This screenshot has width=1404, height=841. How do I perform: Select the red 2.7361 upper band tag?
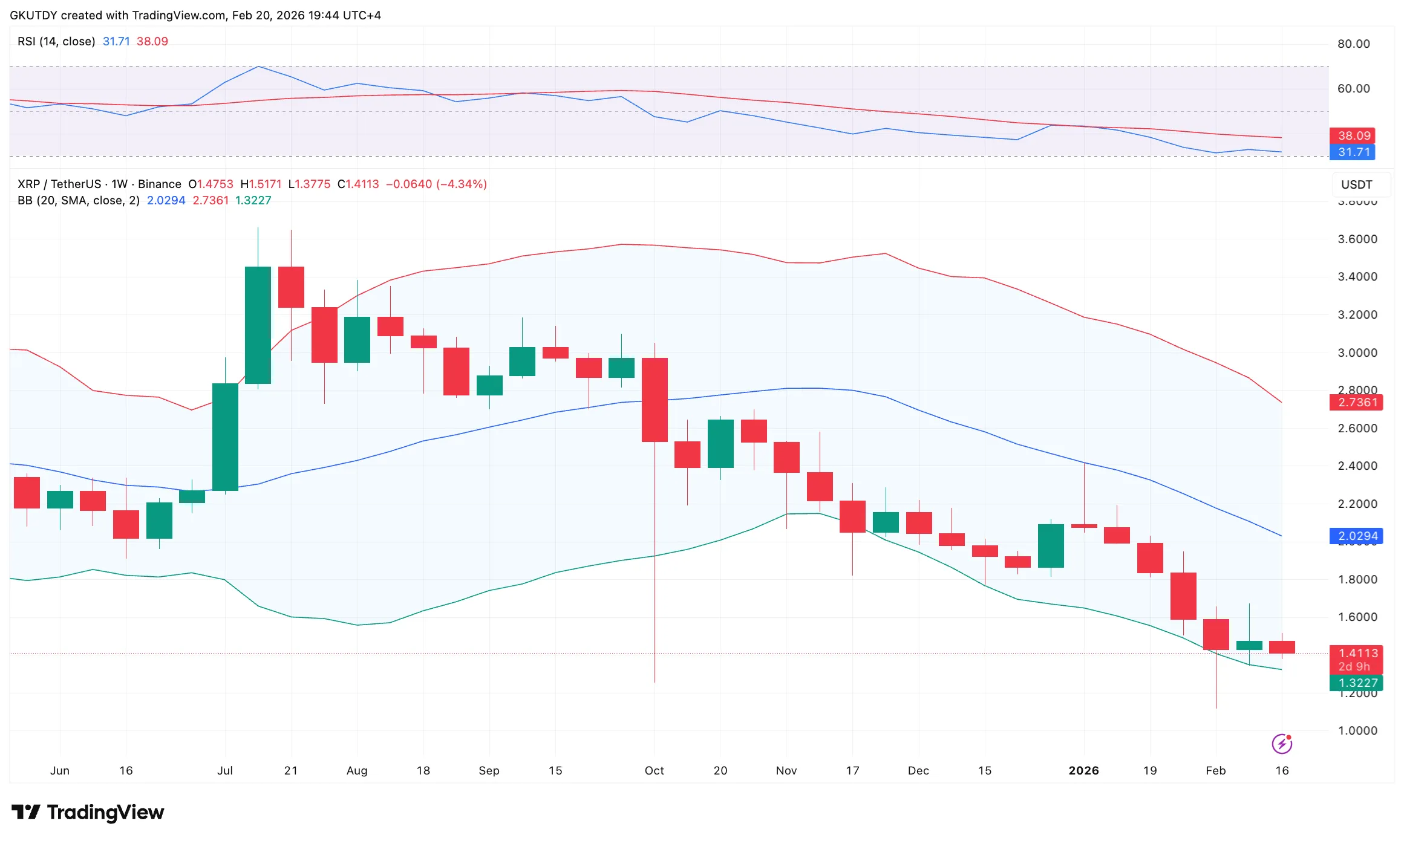point(1356,402)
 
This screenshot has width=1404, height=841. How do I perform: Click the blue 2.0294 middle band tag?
point(1356,536)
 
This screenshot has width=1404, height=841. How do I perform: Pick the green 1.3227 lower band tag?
point(1356,683)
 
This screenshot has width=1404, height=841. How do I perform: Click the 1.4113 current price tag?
point(1356,654)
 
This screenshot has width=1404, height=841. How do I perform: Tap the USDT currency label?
point(1356,184)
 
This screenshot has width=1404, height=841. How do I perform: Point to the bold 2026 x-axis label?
point(1083,770)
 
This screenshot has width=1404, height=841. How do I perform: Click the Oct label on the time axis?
point(654,770)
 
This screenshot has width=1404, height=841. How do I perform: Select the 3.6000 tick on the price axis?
point(1357,239)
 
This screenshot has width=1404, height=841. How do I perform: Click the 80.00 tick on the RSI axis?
point(1353,44)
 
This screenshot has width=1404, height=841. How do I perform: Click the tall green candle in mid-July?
point(258,325)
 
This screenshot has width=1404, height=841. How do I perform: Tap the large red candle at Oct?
point(655,400)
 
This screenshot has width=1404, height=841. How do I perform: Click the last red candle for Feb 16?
point(1282,647)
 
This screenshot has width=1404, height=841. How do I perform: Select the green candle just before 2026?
point(1051,545)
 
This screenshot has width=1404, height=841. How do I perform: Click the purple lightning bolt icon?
point(1282,744)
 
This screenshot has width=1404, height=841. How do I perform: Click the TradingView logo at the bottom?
point(88,812)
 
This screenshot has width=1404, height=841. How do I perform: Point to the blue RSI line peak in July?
point(258,67)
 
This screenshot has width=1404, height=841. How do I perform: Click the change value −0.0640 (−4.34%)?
point(436,184)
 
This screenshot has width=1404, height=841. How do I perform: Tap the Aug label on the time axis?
point(357,770)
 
